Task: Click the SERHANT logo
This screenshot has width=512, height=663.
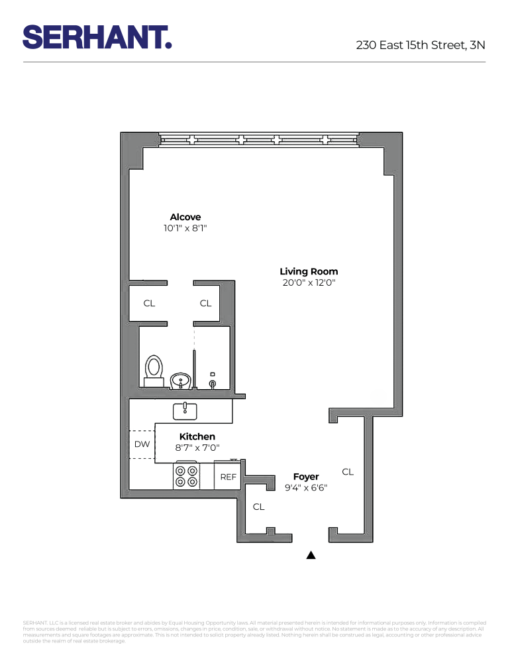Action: click(97, 37)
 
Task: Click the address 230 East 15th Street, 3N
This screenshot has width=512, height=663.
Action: click(420, 46)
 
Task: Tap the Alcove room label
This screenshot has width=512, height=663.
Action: click(185, 217)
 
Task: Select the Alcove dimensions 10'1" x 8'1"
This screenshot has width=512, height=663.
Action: click(190, 228)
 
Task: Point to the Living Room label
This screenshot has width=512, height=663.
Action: click(309, 271)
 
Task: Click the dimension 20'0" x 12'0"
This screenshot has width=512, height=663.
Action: click(309, 282)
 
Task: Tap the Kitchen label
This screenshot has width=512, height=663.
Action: click(197, 436)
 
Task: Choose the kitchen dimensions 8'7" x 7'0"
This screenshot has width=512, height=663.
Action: click(197, 448)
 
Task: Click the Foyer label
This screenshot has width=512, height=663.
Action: click(306, 476)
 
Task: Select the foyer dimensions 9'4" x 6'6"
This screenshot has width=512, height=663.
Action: click(306, 487)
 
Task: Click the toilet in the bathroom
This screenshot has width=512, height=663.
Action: click(154, 370)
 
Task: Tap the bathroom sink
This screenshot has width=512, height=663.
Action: click(180, 381)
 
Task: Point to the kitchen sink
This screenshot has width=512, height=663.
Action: click(185, 411)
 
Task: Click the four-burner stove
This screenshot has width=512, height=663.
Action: click(186, 476)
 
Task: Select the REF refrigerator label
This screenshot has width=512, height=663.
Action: click(229, 477)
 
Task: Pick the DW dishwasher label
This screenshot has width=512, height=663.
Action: click(142, 444)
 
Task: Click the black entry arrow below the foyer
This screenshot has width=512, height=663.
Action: click(311, 556)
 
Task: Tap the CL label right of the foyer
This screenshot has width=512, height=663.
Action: click(348, 472)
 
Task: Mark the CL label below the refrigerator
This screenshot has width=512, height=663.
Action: click(258, 507)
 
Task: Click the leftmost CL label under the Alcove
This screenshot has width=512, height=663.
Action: click(150, 303)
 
